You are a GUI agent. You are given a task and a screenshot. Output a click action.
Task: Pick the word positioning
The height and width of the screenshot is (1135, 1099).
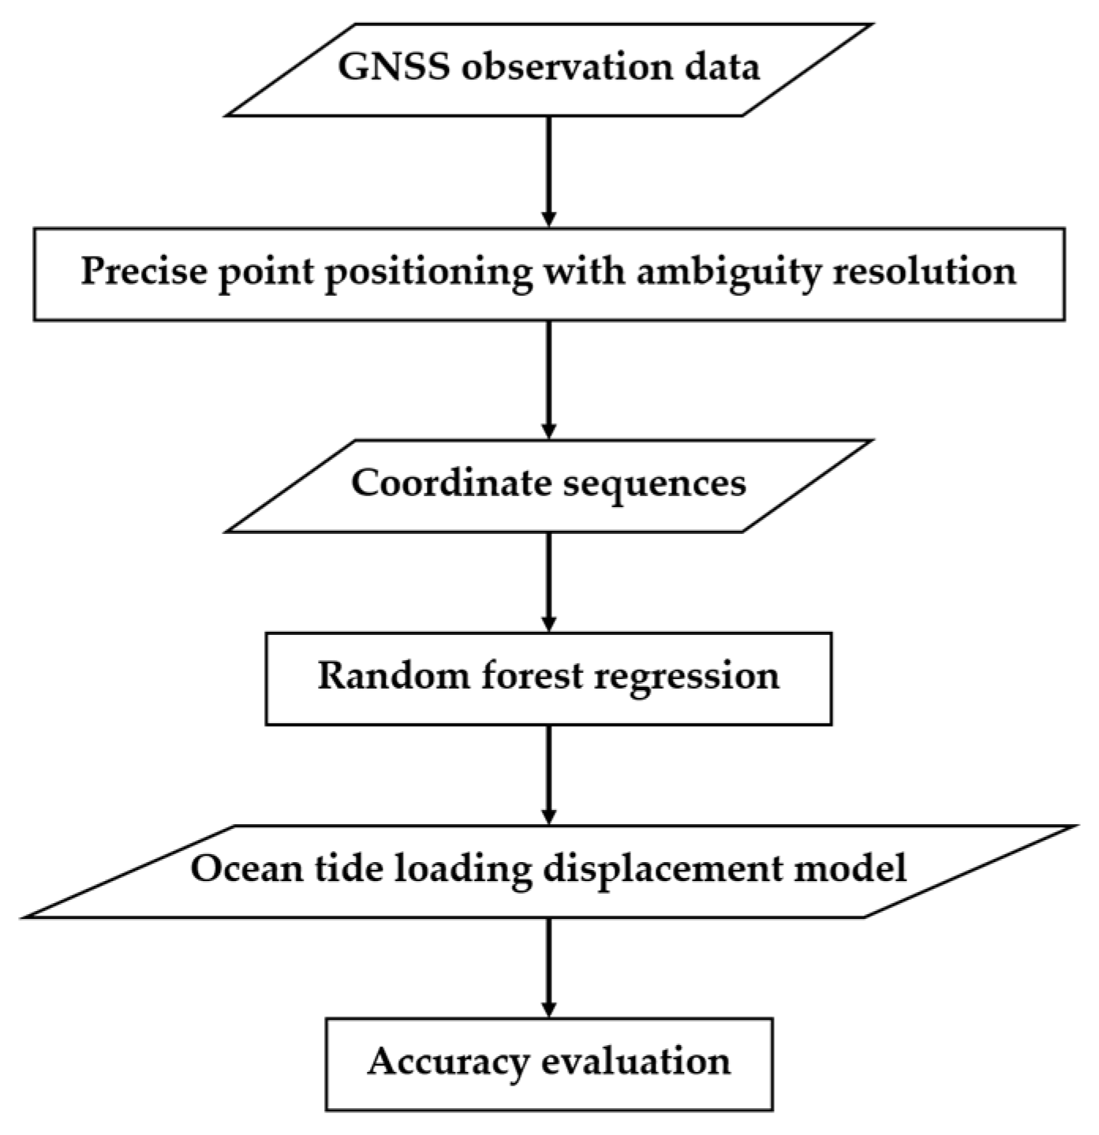pyautogui.click(x=428, y=273)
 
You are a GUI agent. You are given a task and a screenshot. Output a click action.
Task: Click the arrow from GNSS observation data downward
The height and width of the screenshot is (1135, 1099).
pyautogui.click(x=549, y=170)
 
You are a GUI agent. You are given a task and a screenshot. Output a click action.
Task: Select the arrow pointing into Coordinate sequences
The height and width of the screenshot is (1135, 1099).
pyautogui.click(x=549, y=379)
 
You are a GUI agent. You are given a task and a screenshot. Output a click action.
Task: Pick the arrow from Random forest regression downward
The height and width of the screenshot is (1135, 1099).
pyautogui.click(x=549, y=773)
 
